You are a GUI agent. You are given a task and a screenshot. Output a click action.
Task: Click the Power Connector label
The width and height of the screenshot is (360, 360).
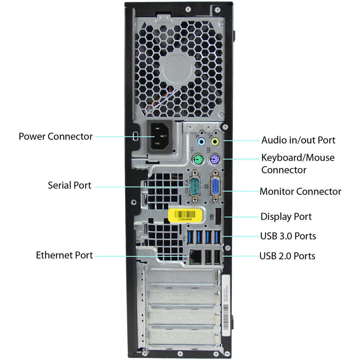coord(55,136)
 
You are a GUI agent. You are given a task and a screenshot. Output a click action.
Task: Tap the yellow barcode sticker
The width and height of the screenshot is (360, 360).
coord(186,216)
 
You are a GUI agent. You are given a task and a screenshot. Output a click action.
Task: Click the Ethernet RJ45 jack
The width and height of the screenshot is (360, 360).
coord(194,256)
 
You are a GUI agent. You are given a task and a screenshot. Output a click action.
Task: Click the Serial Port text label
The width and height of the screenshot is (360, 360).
coord(69,185)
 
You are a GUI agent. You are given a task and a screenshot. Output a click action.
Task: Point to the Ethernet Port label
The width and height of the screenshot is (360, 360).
coord(64,255)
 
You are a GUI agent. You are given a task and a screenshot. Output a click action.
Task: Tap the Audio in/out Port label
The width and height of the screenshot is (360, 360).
coord(298,140)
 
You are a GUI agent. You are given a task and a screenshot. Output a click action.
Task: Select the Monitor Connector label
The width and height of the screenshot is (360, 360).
coord(300,192)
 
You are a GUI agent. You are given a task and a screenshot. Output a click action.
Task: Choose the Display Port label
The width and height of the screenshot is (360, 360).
coord(286,217)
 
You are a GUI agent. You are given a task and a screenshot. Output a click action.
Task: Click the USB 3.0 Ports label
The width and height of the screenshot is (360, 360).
coord(288,236)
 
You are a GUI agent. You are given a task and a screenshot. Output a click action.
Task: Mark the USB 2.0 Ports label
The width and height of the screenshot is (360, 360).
coord(287,256)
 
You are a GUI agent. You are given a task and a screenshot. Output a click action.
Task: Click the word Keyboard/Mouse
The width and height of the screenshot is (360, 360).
coord(298,157)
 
